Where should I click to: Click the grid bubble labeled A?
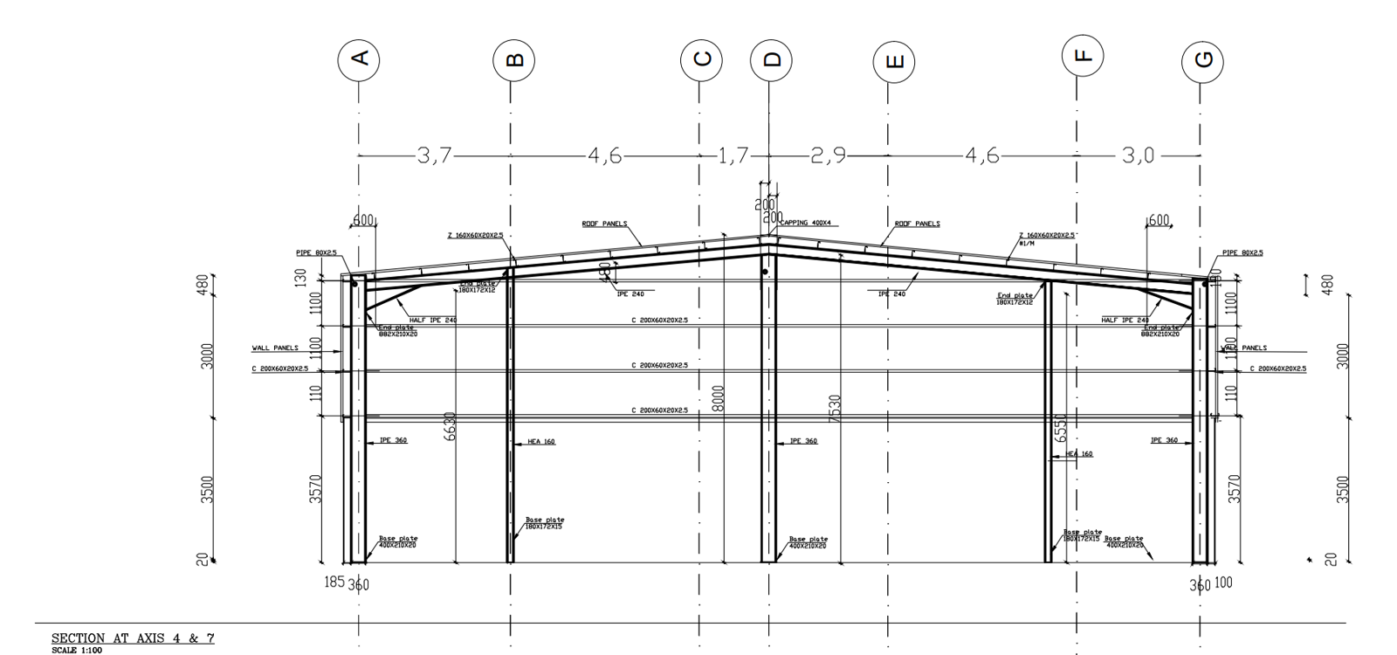(358, 59)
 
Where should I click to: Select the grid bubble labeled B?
(513, 60)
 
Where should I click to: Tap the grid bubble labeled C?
(701, 59)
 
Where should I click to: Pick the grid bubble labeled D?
(771, 59)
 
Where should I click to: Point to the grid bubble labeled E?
(893, 61)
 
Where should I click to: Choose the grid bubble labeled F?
(1083, 56)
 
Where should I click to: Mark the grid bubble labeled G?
(1202, 60)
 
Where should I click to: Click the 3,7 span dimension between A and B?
(434, 155)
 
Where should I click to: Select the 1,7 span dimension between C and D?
(733, 155)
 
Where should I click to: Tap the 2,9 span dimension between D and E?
(828, 155)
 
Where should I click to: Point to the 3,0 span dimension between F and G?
(1138, 155)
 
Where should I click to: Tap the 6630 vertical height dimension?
(451, 426)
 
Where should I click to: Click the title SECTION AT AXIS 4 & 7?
(133, 638)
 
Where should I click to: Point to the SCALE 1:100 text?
(77, 651)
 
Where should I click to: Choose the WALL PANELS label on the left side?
(275, 348)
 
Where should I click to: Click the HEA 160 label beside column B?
(541, 442)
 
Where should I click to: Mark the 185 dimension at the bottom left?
(334, 582)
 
